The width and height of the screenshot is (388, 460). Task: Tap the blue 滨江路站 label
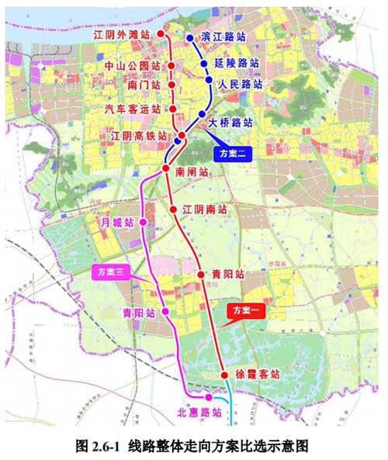[x=228, y=36]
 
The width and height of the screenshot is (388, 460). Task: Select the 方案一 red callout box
[x=247, y=310]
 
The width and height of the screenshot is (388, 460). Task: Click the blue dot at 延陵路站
[x=204, y=64]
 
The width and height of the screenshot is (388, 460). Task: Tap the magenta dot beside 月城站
[x=142, y=223]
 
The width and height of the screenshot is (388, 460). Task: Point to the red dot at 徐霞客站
[x=223, y=374]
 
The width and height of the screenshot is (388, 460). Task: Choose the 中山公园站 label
[x=132, y=67]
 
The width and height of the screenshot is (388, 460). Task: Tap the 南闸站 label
[x=192, y=171]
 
